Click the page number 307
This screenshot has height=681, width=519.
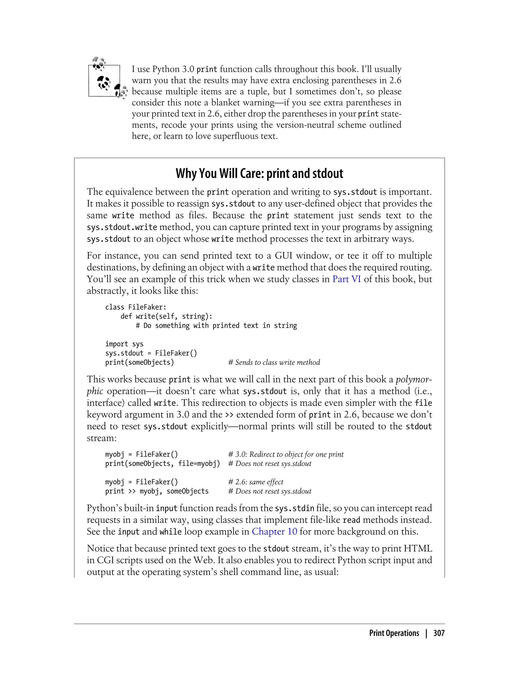439,633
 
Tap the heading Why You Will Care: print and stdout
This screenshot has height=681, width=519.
259,174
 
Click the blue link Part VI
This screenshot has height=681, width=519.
346,279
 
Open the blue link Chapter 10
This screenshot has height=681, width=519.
274,532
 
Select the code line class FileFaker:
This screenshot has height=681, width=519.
136,307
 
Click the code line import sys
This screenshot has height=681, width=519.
124,344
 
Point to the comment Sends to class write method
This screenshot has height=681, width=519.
274,362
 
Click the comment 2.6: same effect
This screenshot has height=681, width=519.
255,482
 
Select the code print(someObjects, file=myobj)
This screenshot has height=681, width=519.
162,464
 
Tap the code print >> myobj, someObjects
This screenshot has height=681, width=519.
157,491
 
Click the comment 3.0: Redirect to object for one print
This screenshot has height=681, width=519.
286,454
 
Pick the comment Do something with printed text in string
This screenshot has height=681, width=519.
216,326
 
